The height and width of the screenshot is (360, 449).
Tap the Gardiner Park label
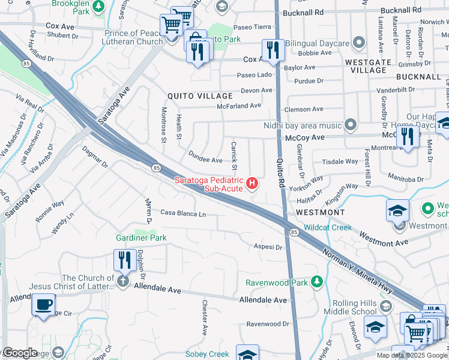[141, 238]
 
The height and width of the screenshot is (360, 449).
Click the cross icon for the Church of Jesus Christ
[122, 281]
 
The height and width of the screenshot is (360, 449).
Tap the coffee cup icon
[43, 304]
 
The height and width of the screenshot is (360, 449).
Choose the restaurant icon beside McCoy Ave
[407, 136]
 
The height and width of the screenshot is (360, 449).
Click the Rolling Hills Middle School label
[351, 307]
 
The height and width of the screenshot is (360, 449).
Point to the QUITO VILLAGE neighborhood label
[200, 96]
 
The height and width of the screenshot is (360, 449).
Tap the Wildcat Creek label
[327, 227]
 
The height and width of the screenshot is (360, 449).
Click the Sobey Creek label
[207, 354]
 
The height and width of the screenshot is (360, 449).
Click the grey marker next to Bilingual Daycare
[360, 43]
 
